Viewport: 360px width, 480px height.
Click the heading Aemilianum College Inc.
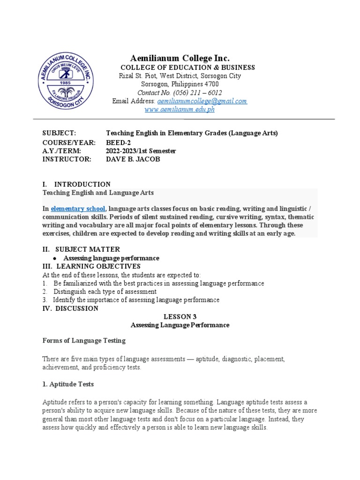[180, 58]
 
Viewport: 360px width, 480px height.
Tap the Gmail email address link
[202, 101]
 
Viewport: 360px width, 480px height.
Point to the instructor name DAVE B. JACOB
[134, 159]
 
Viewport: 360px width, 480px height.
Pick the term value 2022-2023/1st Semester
[141, 151]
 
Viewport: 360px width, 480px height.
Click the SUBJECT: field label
[59, 134]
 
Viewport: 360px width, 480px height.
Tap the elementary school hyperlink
[78, 208]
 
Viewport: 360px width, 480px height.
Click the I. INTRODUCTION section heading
[76, 184]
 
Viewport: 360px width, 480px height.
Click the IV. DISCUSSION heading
[70, 308]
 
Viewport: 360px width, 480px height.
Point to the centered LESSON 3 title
[180, 317]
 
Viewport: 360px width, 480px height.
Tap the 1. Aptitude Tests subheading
[68, 384]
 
